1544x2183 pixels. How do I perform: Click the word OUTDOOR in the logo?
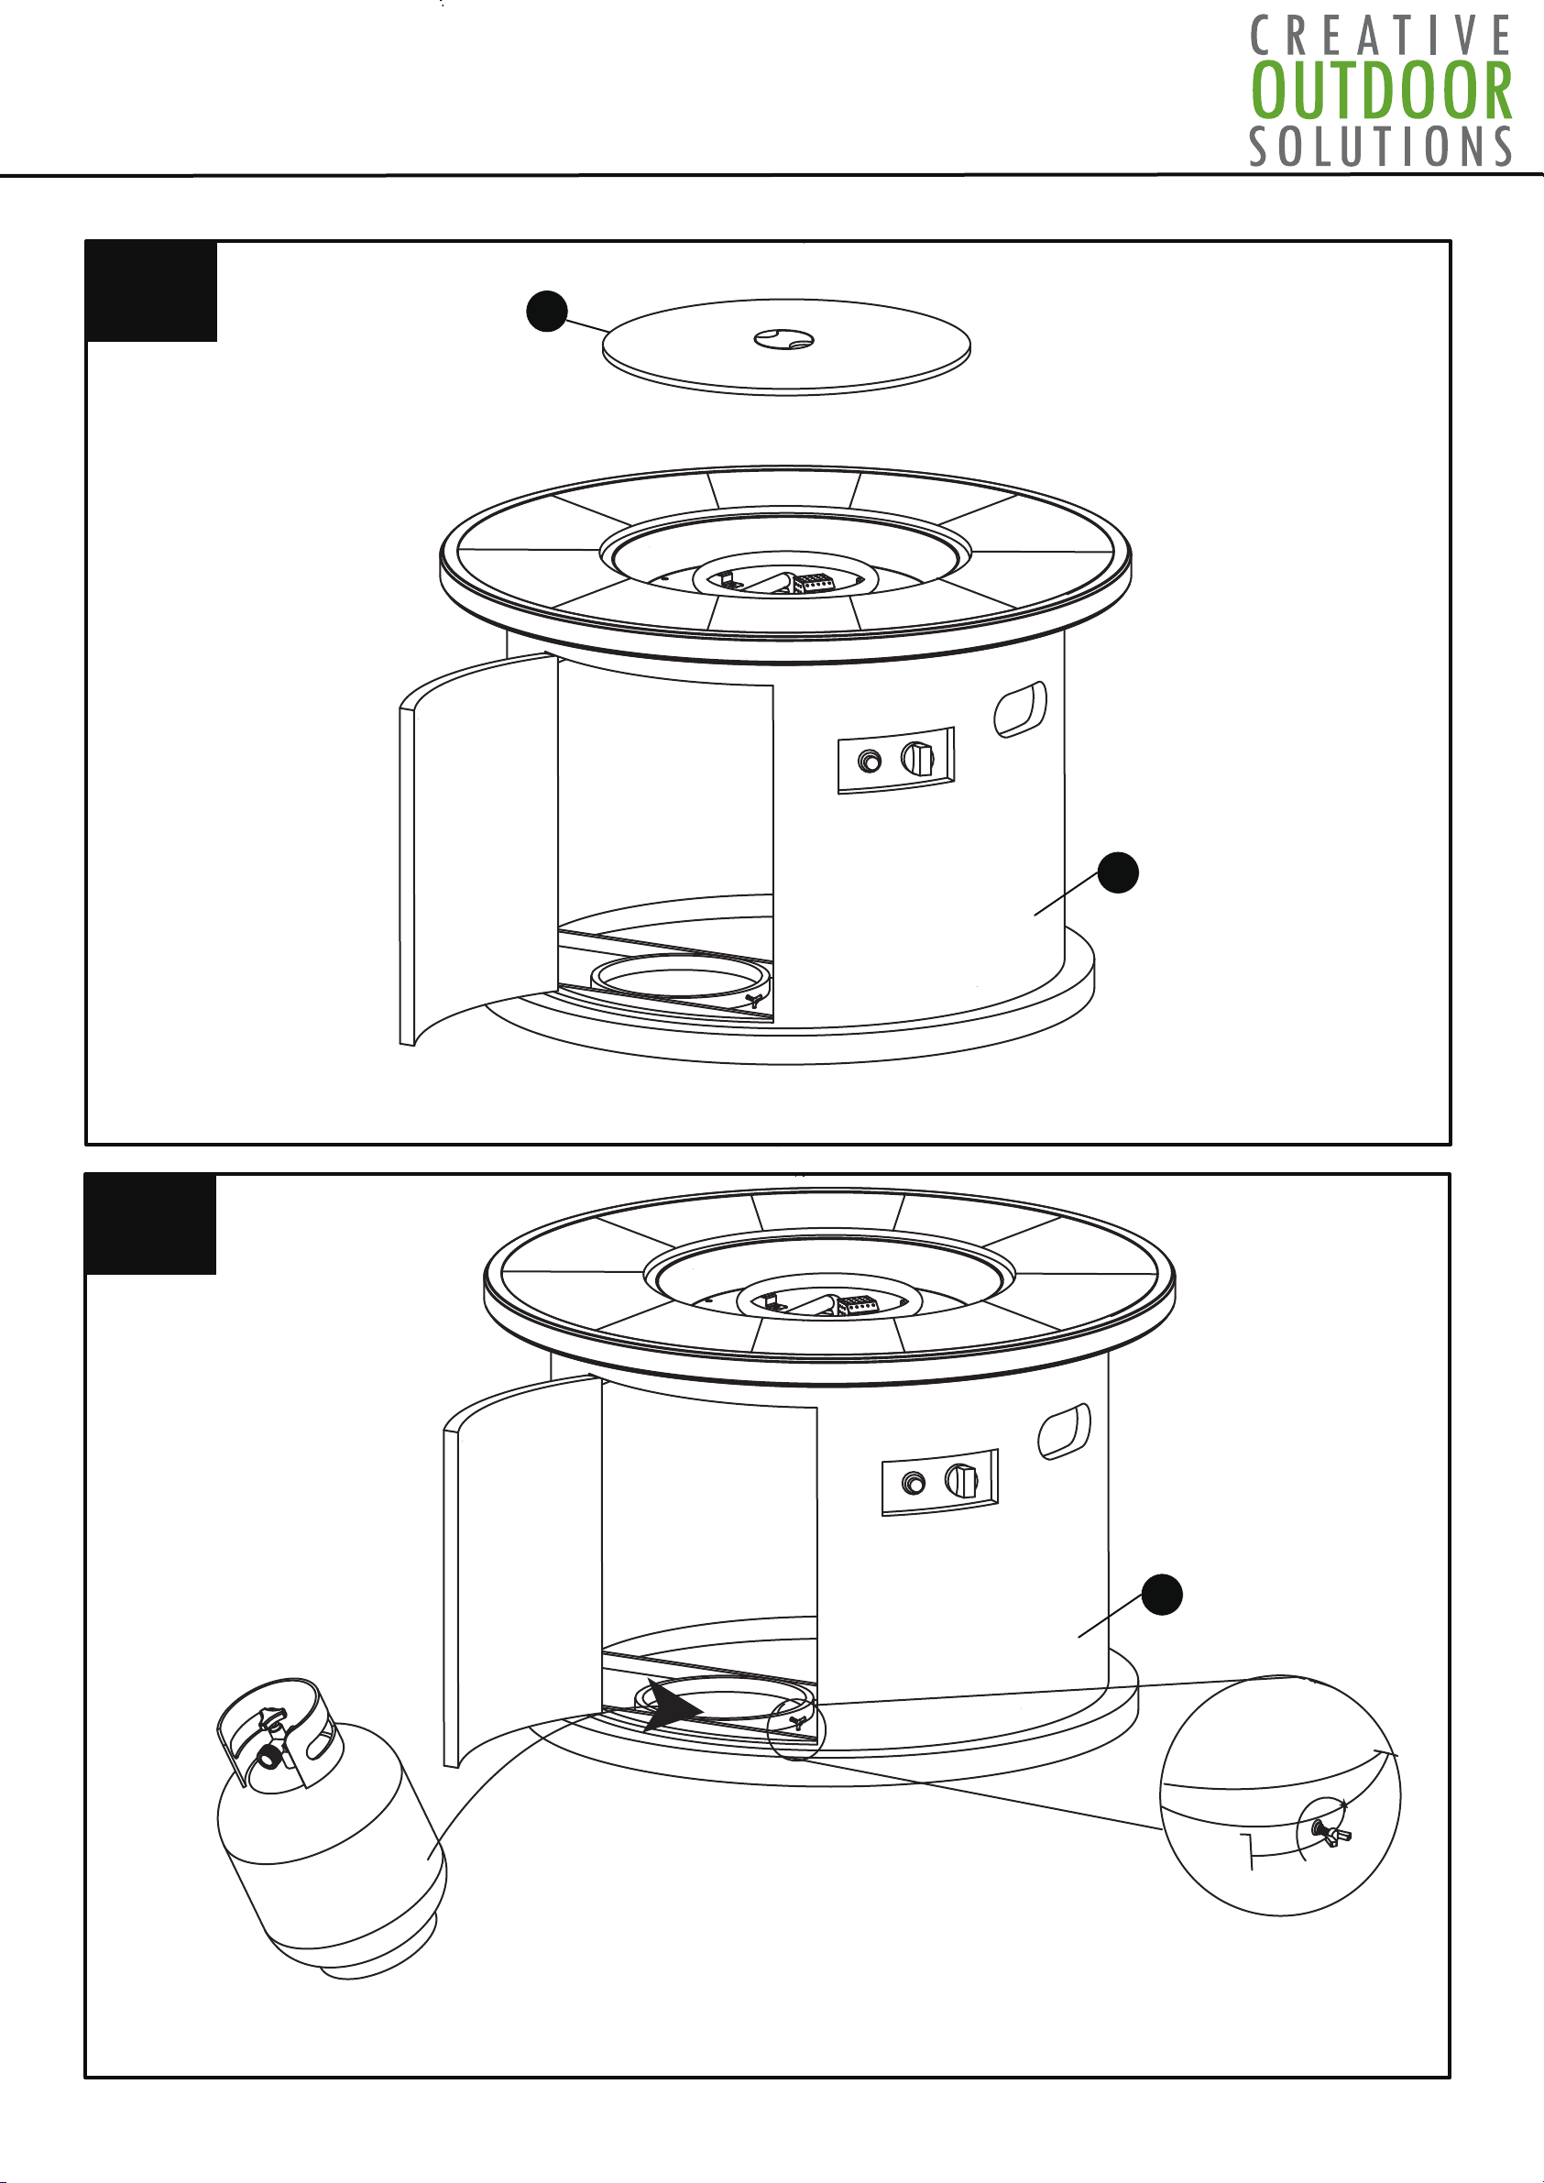point(1382,91)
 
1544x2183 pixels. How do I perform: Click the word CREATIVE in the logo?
point(1382,36)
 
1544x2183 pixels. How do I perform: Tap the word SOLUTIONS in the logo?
point(1382,147)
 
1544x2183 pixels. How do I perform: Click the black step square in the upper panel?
point(152,291)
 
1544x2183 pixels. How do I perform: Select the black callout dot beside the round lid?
point(547,312)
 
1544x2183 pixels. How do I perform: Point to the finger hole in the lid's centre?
point(783,338)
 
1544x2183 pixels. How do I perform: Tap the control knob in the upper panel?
point(918,759)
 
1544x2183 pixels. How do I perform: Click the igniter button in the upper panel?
point(869,762)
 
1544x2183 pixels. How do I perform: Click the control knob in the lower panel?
point(962,1481)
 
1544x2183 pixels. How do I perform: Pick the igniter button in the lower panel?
point(914,1484)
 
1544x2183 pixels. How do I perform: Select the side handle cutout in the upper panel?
point(1020,709)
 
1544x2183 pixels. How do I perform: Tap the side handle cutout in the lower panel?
point(1064,1431)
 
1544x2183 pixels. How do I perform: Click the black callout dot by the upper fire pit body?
point(1118,872)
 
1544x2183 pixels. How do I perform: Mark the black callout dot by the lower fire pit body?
point(1162,1595)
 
